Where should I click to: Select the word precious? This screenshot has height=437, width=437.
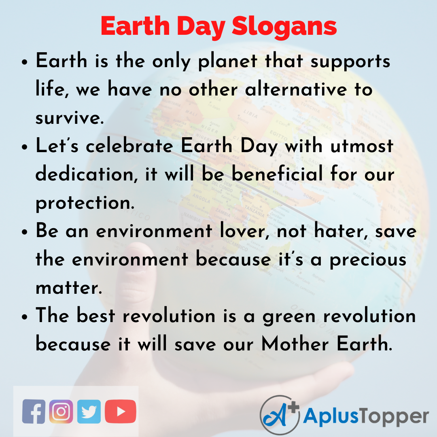[368, 259]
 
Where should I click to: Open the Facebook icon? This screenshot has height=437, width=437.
[34, 412]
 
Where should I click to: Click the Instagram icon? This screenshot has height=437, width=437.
[61, 412]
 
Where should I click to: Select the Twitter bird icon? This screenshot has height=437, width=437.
[89, 412]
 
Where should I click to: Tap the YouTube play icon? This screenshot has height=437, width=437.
[120, 412]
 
